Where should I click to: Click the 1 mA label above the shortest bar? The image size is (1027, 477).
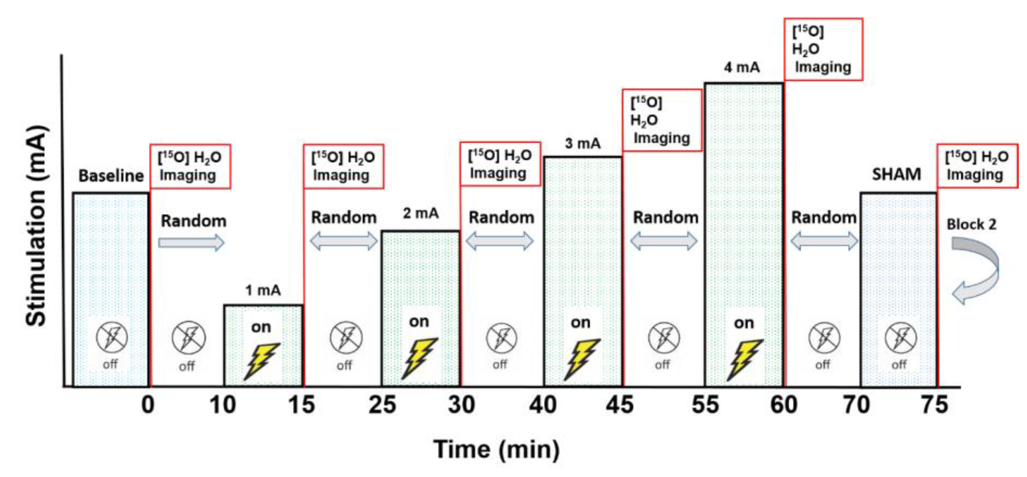tap(263, 290)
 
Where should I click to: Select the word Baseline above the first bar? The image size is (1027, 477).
tap(111, 176)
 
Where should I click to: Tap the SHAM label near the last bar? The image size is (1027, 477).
tap(896, 174)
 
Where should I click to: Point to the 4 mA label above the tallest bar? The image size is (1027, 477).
tap(741, 67)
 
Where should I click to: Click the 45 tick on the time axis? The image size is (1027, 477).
tap(619, 405)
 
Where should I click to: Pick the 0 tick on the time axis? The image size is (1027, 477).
tap(148, 405)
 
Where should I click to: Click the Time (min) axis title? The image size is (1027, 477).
tap(496, 450)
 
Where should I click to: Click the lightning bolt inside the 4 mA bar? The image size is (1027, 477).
tap(744, 359)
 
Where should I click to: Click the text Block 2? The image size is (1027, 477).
tap(971, 224)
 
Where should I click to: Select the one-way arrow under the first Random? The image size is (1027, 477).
tap(191, 242)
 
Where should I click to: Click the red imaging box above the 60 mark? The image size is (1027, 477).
tap(823, 49)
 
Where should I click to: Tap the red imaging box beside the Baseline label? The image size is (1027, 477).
tap(190, 166)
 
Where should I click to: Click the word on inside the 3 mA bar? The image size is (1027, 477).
tap(581, 322)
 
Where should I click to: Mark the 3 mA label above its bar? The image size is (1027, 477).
tap(582, 143)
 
